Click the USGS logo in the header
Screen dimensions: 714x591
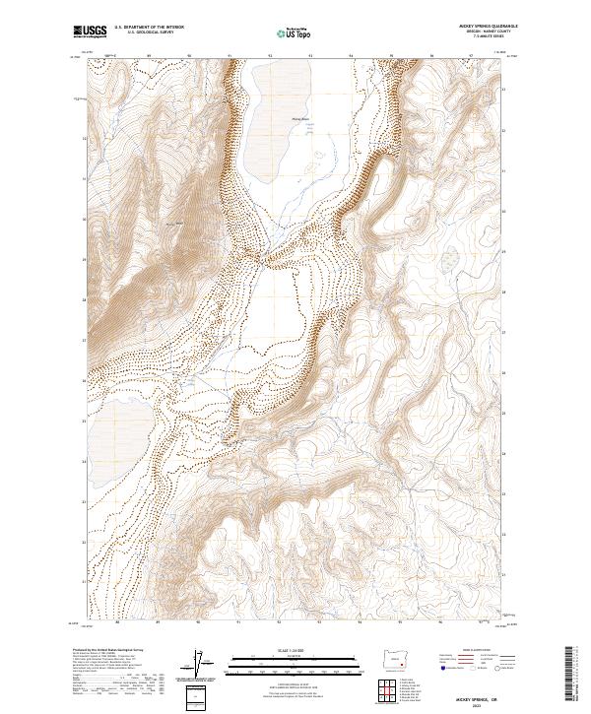pyautogui.click(x=91, y=32)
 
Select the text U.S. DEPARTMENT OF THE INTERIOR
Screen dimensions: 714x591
pyautogui.click(x=151, y=28)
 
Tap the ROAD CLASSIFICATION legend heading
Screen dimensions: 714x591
pyautogui.click(x=473, y=651)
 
